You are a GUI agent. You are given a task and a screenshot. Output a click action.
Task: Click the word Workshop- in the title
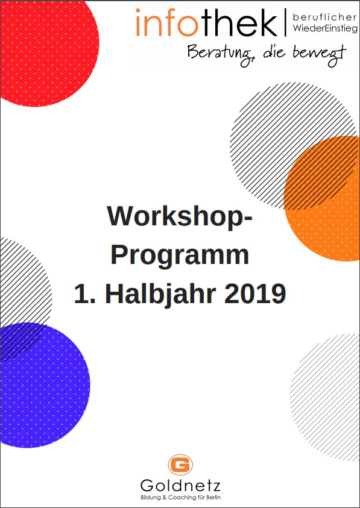click(x=180, y=217)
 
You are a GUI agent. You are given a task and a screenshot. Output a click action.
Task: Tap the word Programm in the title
click(x=180, y=256)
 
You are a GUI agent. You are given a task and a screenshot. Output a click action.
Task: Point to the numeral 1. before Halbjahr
click(x=85, y=294)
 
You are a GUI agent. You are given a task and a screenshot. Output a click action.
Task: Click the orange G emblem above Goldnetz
click(x=180, y=465)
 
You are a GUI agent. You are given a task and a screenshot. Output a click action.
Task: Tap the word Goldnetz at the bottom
click(x=180, y=486)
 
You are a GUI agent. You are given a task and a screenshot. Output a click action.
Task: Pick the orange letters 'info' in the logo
click(x=167, y=23)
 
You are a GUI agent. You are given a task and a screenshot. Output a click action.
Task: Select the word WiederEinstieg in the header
click(x=325, y=28)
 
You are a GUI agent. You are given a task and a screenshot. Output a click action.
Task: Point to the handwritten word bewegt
click(x=320, y=54)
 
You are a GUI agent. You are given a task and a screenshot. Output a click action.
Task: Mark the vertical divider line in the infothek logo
click(x=286, y=23)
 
